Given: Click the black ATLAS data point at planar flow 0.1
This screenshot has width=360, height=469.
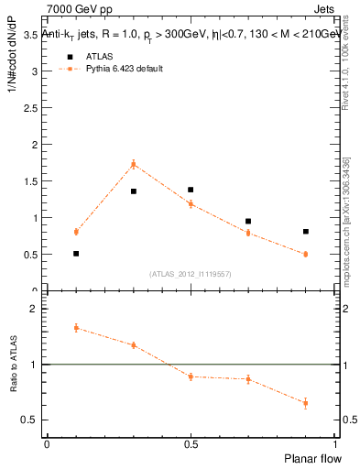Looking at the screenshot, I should point(76,254).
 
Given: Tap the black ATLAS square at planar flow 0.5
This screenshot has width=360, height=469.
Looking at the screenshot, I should point(191,190).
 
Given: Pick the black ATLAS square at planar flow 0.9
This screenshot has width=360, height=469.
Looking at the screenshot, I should point(305,232).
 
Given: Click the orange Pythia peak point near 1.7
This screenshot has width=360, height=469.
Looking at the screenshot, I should point(133,164).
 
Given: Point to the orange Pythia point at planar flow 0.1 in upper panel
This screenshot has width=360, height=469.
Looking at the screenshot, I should point(76,232).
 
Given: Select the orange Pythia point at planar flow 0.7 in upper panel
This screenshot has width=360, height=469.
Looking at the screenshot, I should point(248,233).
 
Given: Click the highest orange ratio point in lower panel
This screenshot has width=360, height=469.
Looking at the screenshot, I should point(76,327).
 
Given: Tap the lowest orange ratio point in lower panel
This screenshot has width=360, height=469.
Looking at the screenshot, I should point(305,402).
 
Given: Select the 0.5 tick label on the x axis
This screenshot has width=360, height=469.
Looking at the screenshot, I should point(191,443).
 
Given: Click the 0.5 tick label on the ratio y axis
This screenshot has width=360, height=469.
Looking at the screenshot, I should point(32,420).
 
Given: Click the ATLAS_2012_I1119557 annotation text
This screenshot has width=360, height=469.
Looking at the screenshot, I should point(191,274).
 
